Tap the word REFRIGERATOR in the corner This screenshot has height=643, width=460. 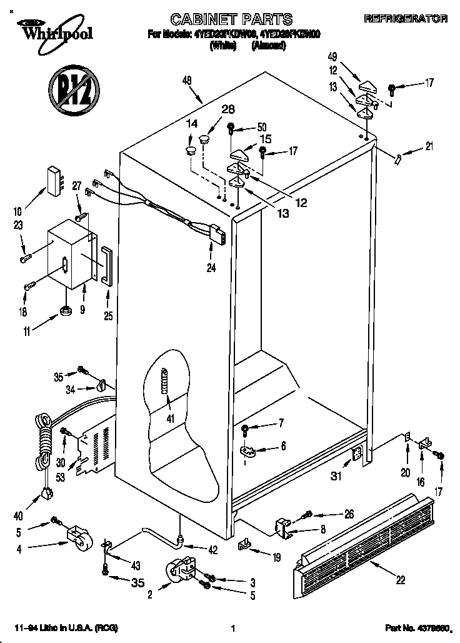(406, 19)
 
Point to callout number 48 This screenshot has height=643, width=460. (187, 79)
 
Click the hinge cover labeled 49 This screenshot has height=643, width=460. (367, 84)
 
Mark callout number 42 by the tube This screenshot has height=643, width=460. (213, 550)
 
